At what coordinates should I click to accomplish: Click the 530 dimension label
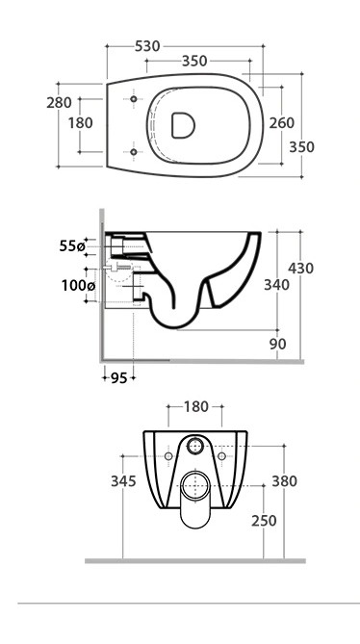[x=147, y=46]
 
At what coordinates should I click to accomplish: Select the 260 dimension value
[x=282, y=123]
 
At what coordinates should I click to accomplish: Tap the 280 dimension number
[x=59, y=103]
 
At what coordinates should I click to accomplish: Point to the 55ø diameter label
[x=72, y=246]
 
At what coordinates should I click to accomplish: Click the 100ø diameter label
[x=78, y=286]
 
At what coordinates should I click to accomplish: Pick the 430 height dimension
[x=300, y=269]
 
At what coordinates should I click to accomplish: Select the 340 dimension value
[x=276, y=285]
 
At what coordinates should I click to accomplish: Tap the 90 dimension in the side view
[x=278, y=345]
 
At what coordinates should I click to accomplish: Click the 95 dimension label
[x=119, y=378]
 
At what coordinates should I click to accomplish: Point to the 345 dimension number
[x=123, y=481]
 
